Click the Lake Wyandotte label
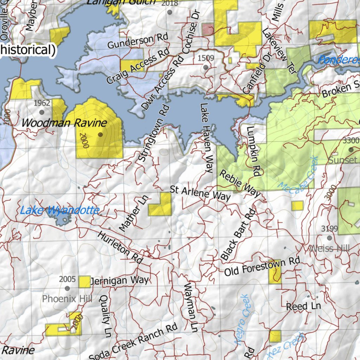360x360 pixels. tap(59, 211)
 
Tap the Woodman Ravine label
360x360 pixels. tap(64, 123)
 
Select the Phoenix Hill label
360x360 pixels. tap(67, 299)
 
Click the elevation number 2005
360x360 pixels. tap(67, 279)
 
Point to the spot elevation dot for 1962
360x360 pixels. tap(42, 112)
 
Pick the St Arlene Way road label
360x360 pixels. tap(200, 194)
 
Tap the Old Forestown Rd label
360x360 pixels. tap(262, 266)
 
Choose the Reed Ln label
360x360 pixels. tap(303, 306)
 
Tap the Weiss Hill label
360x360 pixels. tap(329, 249)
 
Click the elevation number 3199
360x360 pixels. tap(329, 229)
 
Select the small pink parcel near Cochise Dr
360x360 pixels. tap(208, 30)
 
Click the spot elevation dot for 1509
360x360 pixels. tap(206, 66)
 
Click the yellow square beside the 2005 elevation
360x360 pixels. tap(84, 282)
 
